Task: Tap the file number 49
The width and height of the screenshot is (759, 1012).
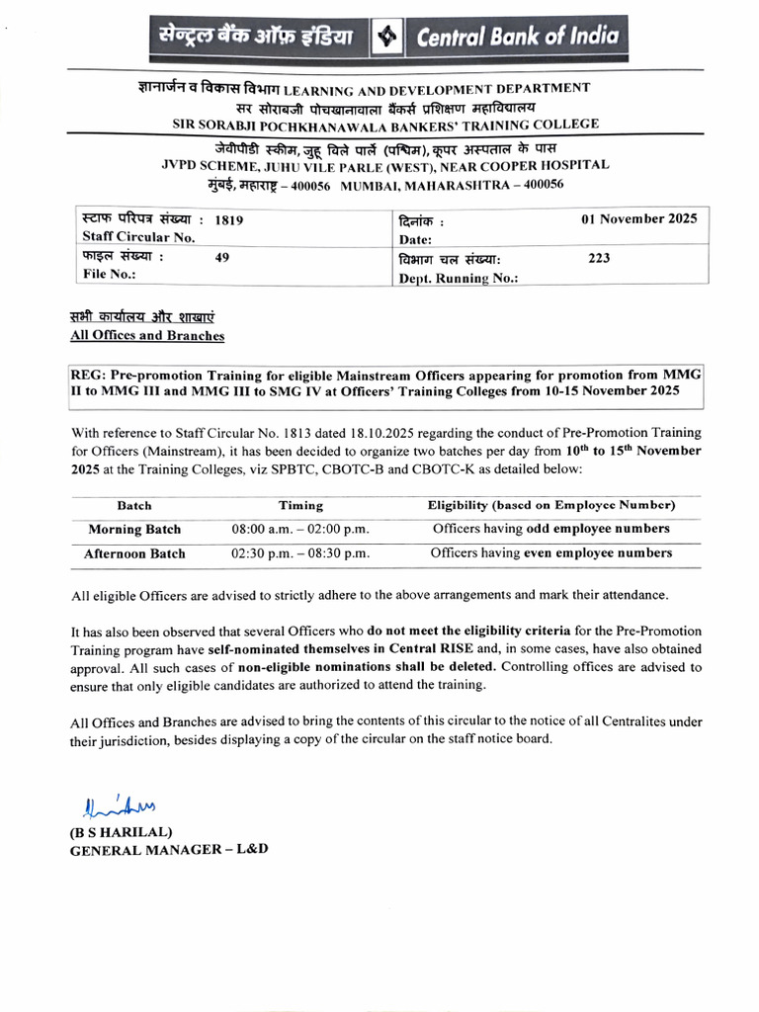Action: coord(222,257)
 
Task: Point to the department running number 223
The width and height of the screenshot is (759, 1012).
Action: coord(599,258)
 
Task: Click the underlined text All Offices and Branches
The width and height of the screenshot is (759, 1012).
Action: coord(146,336)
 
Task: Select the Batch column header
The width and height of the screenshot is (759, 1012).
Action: coord(134,505)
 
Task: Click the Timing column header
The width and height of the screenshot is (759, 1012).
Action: coord(300,505)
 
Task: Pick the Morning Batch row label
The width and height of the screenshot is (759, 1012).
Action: coord(134,530)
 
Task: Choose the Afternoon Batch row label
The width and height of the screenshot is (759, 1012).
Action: coord(134,554)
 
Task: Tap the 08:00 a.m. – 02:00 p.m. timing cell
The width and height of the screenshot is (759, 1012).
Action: coord(300,530)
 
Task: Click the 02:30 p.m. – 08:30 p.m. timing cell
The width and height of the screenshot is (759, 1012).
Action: coord(300,554)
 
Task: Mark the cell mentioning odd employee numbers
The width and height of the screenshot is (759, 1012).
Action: coord(550,529)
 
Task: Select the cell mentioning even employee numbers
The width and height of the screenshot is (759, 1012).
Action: coord(550,553)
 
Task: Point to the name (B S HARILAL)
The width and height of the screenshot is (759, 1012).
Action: coord(121,832)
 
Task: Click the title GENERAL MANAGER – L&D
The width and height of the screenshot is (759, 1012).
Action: coord(168,850)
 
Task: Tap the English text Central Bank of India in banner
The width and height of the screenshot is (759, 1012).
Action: coord(518,38)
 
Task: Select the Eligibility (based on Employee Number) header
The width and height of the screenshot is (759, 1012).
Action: coord(550,505)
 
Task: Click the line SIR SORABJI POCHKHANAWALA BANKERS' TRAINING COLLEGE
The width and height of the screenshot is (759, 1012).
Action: coord(385,124)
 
